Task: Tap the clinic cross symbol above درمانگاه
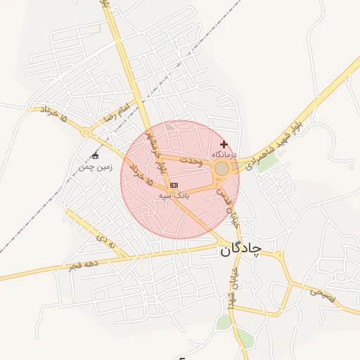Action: [224, 144]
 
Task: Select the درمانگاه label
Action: [224, 154]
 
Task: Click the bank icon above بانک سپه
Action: [174, 184]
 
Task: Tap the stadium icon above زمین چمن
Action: [96, 155]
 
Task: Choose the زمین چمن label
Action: [95, 167]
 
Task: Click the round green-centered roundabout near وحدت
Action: [221, 169]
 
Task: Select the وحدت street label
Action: [191, 161]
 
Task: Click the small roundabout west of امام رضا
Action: [86, 131]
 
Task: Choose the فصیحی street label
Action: [324, 296]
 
